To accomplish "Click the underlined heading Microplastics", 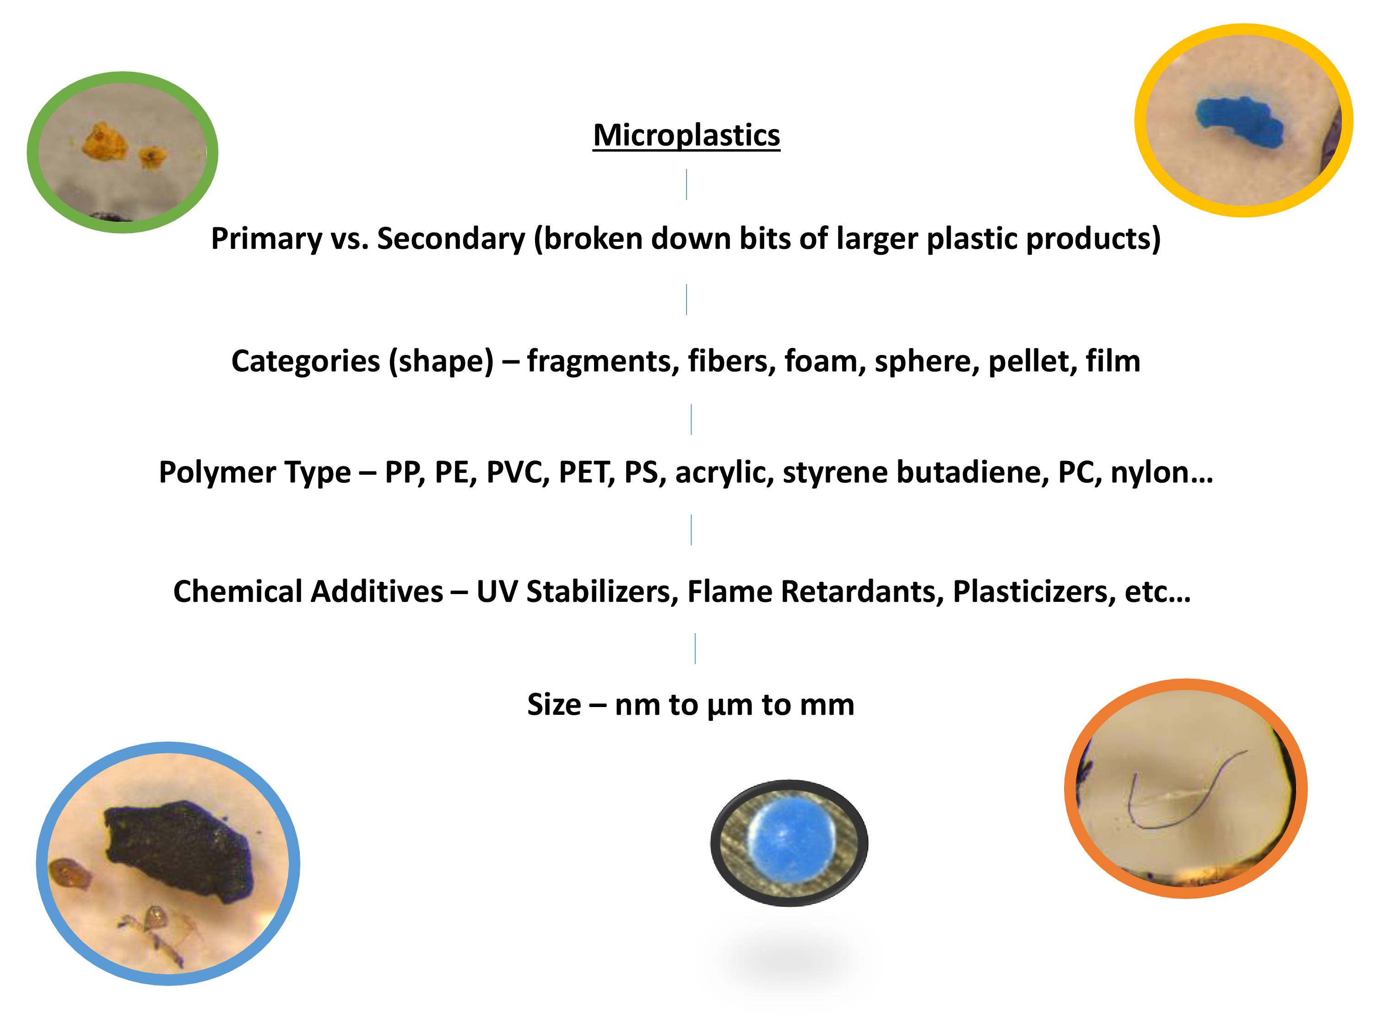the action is [686, 135].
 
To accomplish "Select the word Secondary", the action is [451, 238].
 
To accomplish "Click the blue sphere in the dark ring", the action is [789, 843].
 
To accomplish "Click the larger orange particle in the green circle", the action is [105, 141].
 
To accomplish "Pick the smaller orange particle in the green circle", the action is [151, 157].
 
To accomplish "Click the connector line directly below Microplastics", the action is [686, 184].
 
